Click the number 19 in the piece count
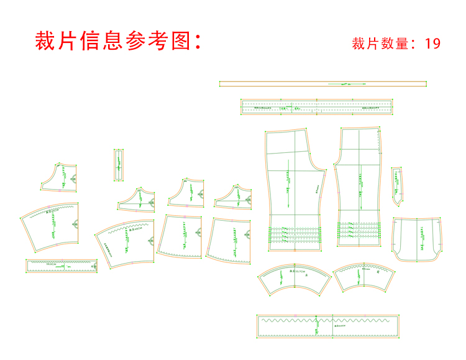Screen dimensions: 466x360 [x=432, y=44]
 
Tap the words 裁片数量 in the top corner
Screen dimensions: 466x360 [x=380, y=44]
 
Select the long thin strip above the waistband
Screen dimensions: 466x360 [x=323, y=83]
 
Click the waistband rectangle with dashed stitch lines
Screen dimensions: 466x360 [x=317, y=107]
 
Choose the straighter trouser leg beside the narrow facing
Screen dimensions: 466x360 [x=359, y=187]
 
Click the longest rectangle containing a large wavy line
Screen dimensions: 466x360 [x=327, y=326]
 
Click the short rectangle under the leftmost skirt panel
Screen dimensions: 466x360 [x=62, y=265]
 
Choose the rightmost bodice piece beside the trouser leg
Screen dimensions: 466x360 [x=234, y=196]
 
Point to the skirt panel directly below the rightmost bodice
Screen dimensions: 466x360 [x=229, y=239]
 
